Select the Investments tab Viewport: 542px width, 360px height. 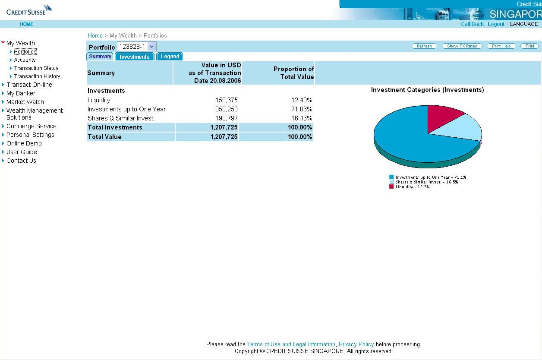[x=134, y=57]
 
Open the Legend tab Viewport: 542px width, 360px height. [x=170, y=57]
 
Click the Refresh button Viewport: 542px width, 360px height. [x=424, y=46]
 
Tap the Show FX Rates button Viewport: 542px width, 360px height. [x=462, y=46]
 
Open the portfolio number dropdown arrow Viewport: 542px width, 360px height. [x=151, y=47]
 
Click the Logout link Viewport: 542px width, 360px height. [x=496, y=24]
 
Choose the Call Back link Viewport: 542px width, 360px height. [x=472, y=24]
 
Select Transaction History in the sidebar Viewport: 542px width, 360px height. [x=37, y=76]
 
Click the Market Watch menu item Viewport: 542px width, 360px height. [x=25, y=102]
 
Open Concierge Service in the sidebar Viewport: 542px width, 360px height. [x=31, y=126]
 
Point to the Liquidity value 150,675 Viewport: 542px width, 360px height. [x=227, y=100]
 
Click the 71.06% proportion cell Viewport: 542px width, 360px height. [x=302, y=109]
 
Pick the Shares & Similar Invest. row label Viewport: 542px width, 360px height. [x=121, y=118]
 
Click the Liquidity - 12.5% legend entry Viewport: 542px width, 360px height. [x=412, y=187]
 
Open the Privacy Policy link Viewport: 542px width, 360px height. [x=356, y=344]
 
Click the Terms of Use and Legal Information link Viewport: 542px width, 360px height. [x=291, y=344]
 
